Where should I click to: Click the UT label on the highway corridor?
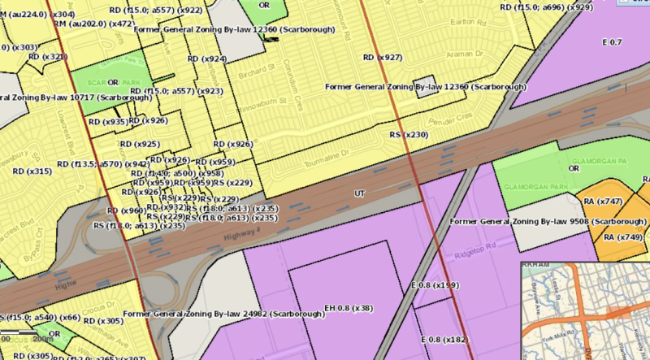pyautogui.click(x=359, y=193)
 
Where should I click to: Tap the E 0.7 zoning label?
pyautogui.click(x=612, y=41)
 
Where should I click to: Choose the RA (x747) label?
pyautogui.click(x=602, y=201)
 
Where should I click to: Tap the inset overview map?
pyautogui.click(x=585, y=310)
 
